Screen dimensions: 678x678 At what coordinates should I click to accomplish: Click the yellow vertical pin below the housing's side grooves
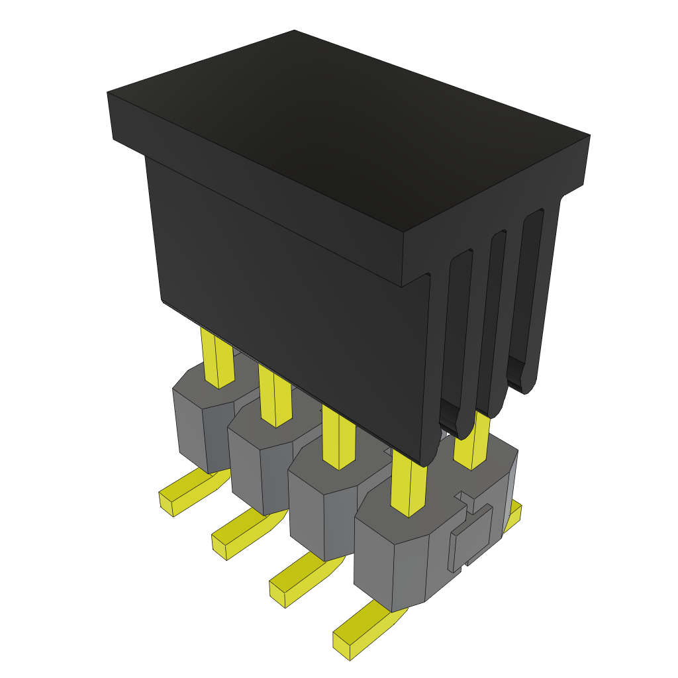[471, 442]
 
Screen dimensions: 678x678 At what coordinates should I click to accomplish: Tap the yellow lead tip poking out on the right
[514, 515]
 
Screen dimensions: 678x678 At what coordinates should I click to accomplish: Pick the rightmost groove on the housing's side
[530, 291]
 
